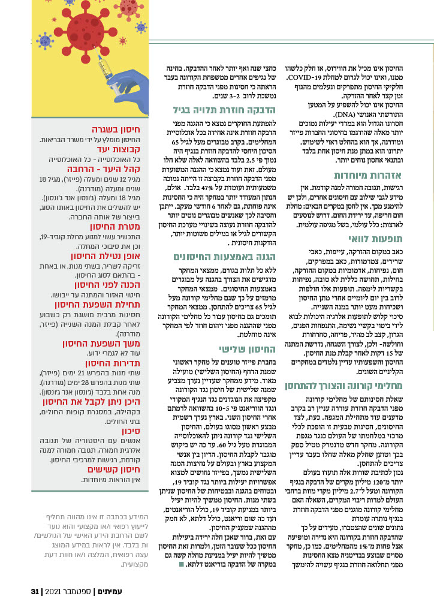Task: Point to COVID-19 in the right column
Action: (331, 78)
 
